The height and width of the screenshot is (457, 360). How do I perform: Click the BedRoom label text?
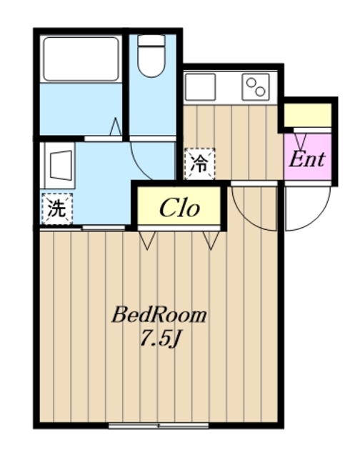(x=159, y=315)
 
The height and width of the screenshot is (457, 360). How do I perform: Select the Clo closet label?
(x=179, y=208)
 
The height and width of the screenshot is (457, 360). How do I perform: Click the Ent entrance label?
(x=307, y=159)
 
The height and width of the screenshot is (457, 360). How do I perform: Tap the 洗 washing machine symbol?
(x=56, y=209)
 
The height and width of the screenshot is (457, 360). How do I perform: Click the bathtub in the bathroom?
(x=80, y=59)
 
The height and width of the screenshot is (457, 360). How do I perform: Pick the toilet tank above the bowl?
(x=151, y=41)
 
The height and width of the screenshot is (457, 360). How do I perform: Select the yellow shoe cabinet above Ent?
(x=308, y=114)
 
